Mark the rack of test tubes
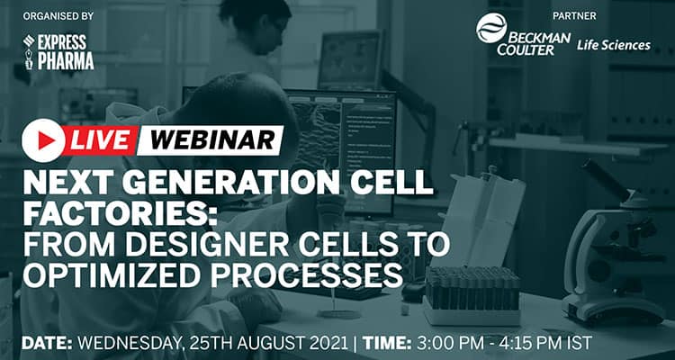tap(472, 292)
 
